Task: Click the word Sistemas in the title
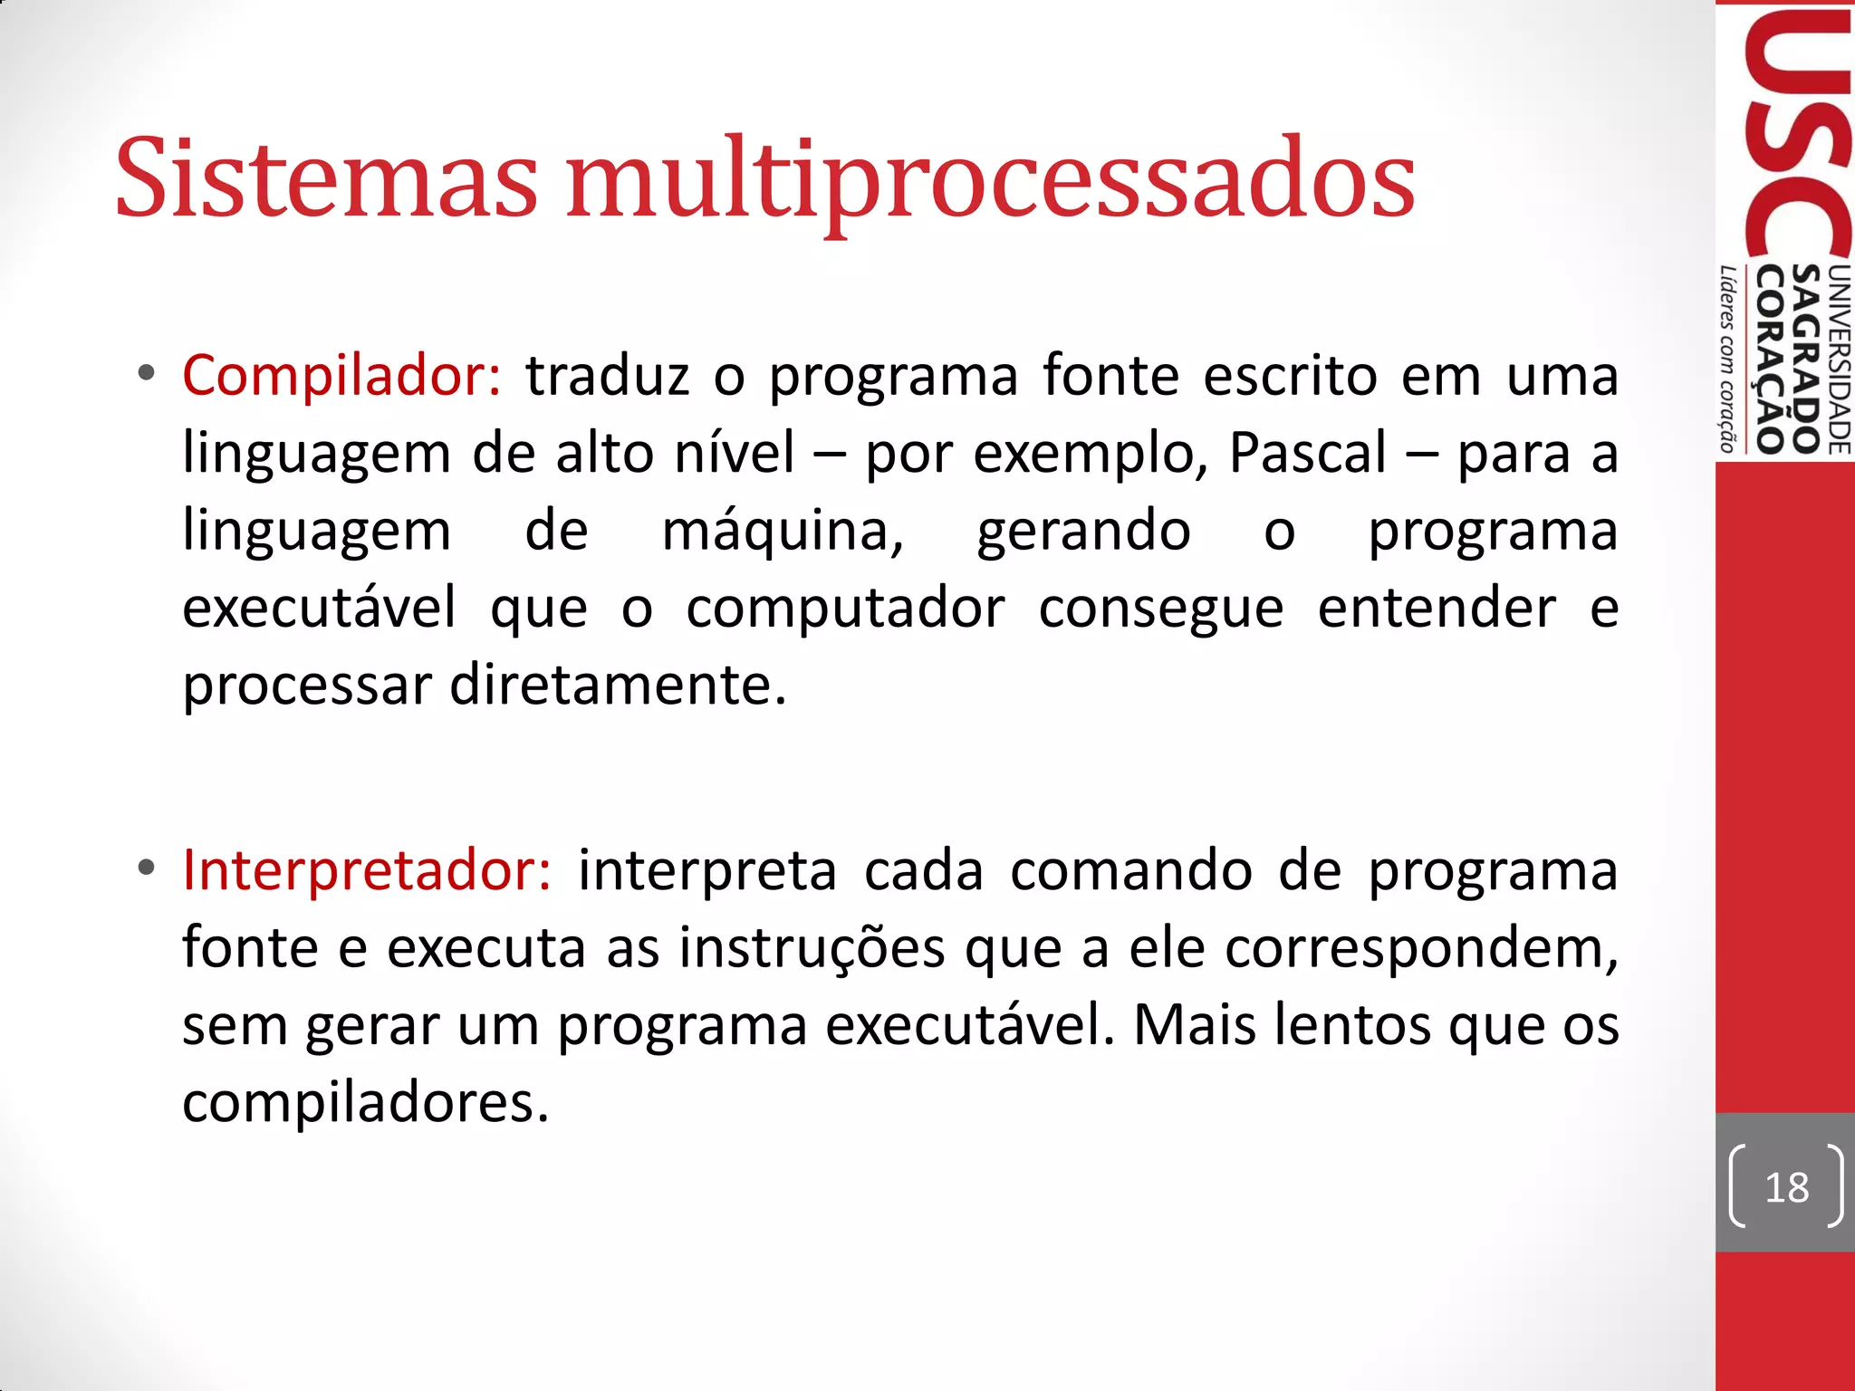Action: coord(326,178)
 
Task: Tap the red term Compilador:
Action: coord(341,375)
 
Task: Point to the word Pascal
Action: coord(1307,453)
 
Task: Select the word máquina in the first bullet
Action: coord(782,531)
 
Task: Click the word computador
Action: coord(845,608)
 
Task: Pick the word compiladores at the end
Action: coord(365,1103)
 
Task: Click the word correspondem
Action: coord(1420,948)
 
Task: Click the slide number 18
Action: coord(1786,1187)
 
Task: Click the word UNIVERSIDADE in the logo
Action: coord(1840,359)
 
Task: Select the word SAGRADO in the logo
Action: coord(1807,359)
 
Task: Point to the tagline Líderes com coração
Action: coord(1728,359)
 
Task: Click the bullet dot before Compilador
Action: coord(146,373)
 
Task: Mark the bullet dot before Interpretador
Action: coord(146,868)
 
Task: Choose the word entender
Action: coord(1437,608)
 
